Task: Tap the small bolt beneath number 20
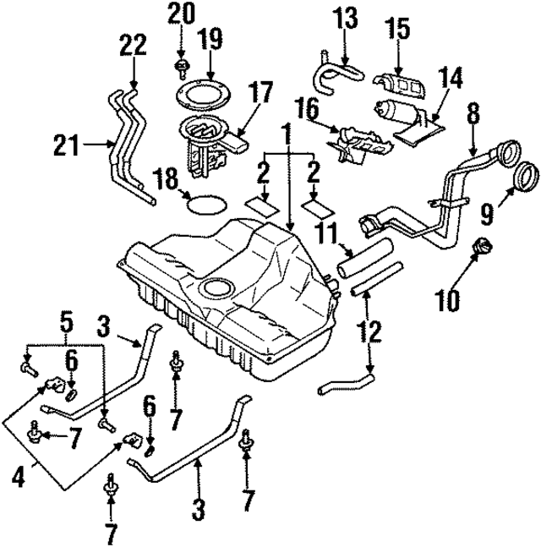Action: [180, 65]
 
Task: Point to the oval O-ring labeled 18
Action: [205, 203]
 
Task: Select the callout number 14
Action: [451, 79]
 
